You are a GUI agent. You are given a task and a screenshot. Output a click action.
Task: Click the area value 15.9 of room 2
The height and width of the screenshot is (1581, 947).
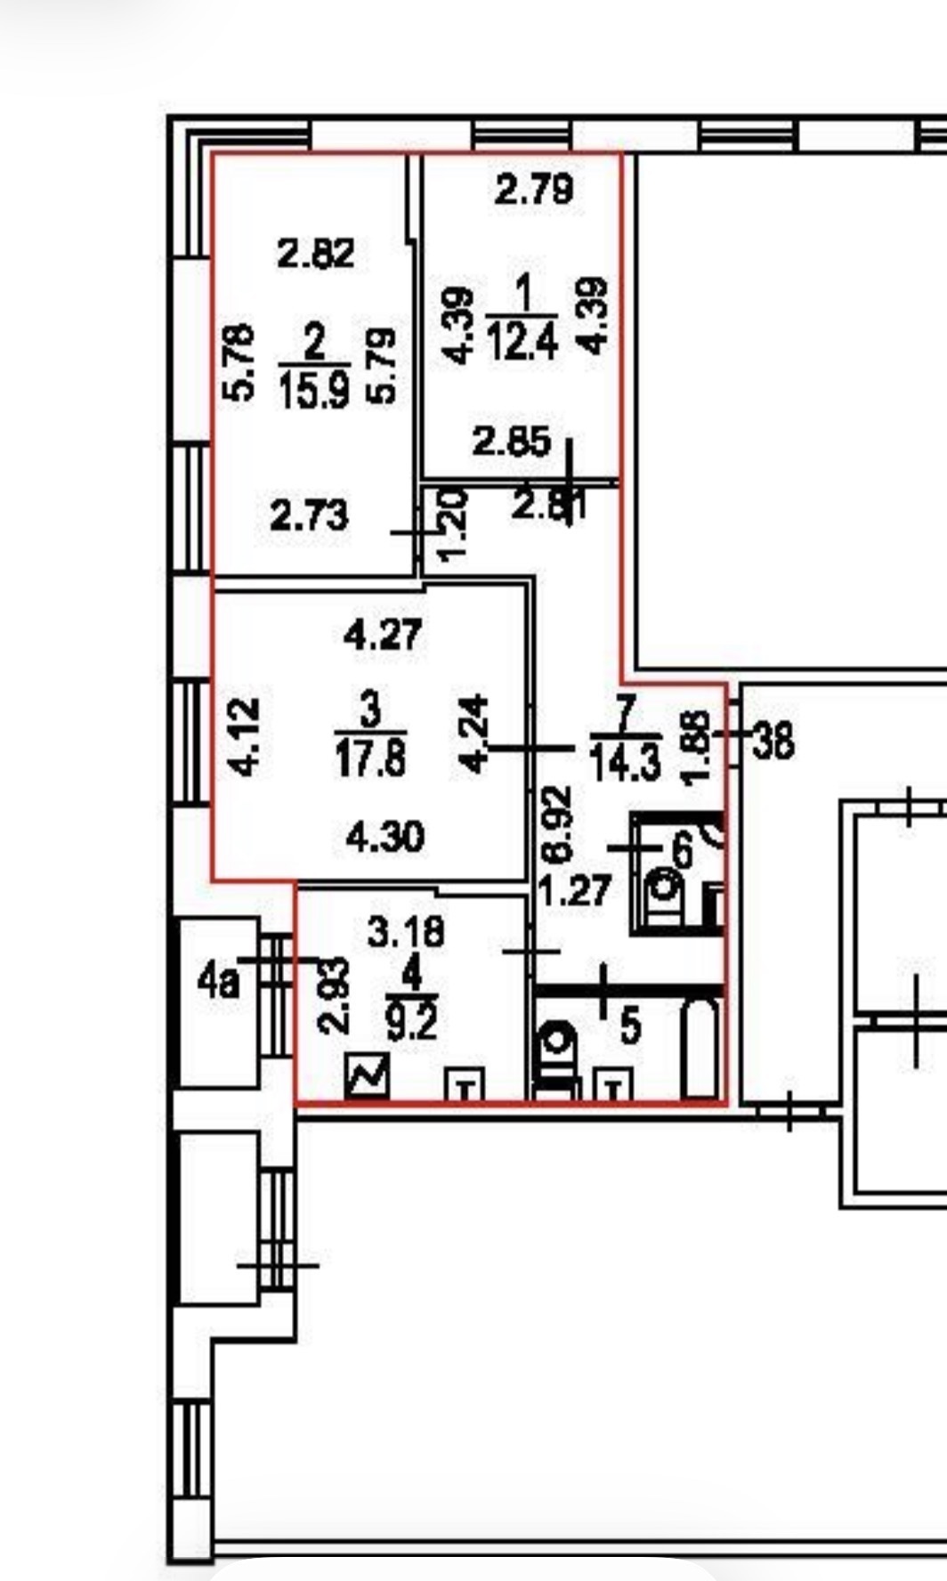click(315, 390)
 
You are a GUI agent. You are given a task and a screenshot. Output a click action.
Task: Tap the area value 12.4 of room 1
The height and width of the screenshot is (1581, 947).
click(522, 342)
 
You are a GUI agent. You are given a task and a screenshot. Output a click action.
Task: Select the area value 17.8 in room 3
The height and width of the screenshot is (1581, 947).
click(370, 760)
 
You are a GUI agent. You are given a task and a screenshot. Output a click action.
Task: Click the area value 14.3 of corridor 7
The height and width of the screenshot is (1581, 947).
click(625, 764)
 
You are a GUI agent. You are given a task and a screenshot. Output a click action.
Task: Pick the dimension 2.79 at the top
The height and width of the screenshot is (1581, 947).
click(534, 189)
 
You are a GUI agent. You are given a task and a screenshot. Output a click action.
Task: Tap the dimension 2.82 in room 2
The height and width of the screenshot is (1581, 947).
click(315, 254)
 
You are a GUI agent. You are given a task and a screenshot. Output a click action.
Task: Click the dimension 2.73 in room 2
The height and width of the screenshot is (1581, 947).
click(309, 516)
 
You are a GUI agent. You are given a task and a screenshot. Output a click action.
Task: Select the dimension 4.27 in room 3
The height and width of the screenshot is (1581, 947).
click(383, 636)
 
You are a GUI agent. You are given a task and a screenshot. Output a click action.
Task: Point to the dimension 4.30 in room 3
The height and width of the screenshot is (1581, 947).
click(384, 837)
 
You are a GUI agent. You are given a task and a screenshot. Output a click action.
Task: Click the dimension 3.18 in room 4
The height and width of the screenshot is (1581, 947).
click(406, 931)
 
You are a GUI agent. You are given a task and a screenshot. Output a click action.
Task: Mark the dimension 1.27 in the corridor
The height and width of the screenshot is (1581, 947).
click(575, 889)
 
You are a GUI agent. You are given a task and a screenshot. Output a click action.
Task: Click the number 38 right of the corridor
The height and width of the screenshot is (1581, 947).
click(773, 741)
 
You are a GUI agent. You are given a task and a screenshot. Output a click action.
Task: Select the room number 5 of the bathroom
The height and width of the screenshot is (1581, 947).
click(629, 1026)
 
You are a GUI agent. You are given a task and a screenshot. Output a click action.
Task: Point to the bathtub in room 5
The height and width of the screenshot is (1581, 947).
click(699, 1049)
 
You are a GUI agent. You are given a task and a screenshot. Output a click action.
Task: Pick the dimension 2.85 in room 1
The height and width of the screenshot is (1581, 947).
click(512, 442)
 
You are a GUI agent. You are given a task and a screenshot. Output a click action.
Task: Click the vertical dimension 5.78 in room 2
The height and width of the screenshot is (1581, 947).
click(239, 361)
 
